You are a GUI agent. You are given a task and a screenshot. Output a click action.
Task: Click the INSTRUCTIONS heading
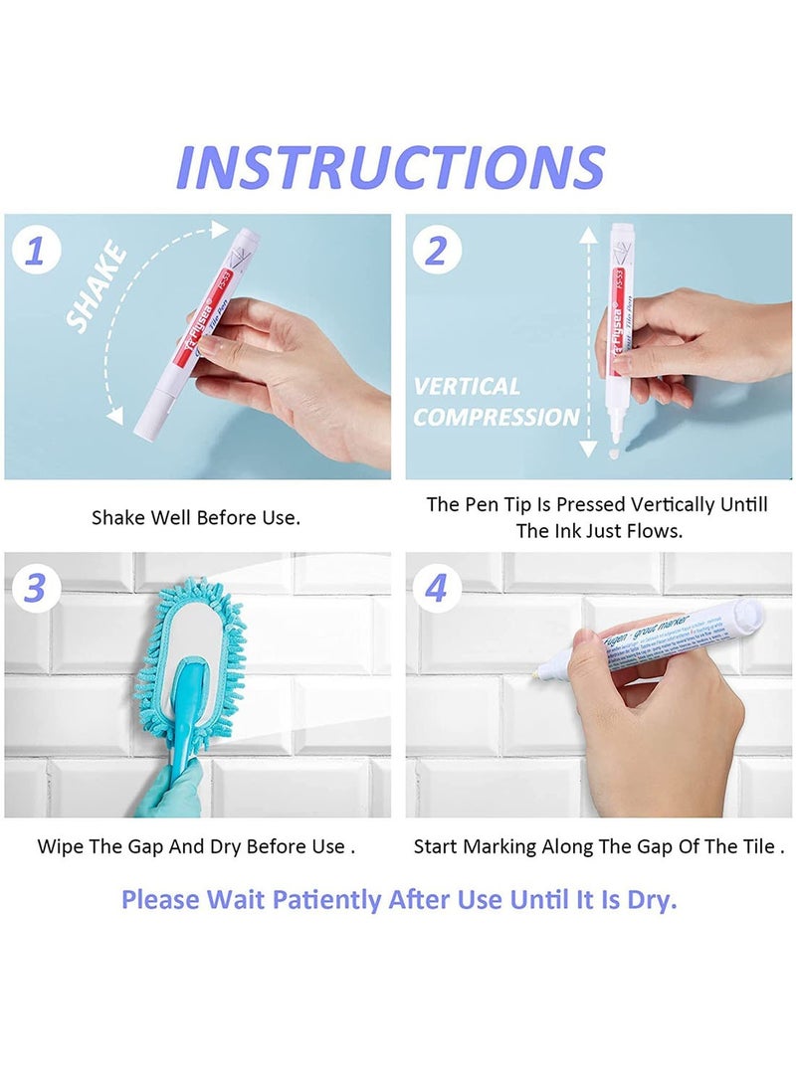390,167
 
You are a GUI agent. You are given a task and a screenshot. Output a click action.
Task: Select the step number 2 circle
436,252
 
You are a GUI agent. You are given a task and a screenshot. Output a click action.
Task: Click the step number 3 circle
35,588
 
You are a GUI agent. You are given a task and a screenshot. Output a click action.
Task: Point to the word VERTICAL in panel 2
467,386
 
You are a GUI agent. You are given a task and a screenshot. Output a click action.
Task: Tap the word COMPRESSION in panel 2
496,418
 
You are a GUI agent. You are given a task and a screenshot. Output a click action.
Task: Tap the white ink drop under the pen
614,452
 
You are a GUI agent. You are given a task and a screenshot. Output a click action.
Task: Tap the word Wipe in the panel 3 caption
59,847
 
